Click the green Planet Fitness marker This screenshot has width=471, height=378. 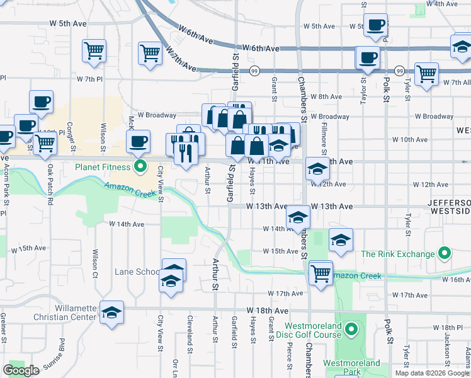141,167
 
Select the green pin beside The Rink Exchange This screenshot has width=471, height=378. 445,254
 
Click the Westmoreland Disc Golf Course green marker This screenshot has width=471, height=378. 351,329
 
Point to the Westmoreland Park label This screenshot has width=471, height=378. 351,368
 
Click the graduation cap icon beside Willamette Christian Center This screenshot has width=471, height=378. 111,312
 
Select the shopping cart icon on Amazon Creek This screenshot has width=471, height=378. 321,273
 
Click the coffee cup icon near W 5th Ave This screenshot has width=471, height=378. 376,26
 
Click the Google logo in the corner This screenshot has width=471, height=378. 21,370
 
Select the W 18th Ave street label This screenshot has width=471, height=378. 268,311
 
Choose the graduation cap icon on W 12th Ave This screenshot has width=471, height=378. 317,168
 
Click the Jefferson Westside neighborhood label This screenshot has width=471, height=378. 449,207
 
